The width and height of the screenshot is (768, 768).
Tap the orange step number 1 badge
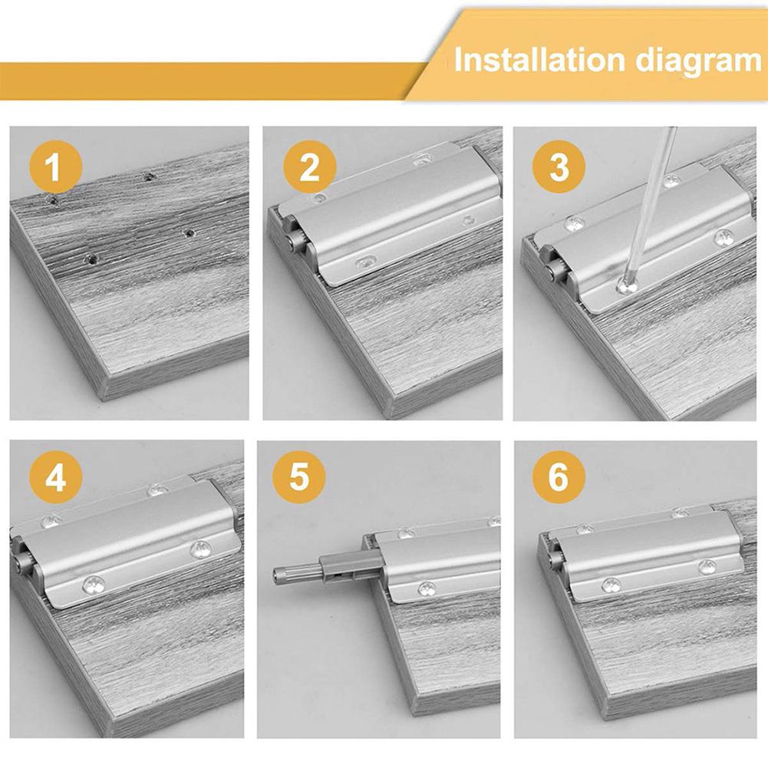(x=53, y=167)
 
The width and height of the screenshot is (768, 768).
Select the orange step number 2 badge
(x=308, y=167)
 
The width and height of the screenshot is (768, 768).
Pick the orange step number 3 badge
(x=559, y=167)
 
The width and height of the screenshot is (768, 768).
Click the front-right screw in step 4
(x=202, y=548)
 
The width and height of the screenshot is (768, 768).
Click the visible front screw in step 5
(x=427, y=589)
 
